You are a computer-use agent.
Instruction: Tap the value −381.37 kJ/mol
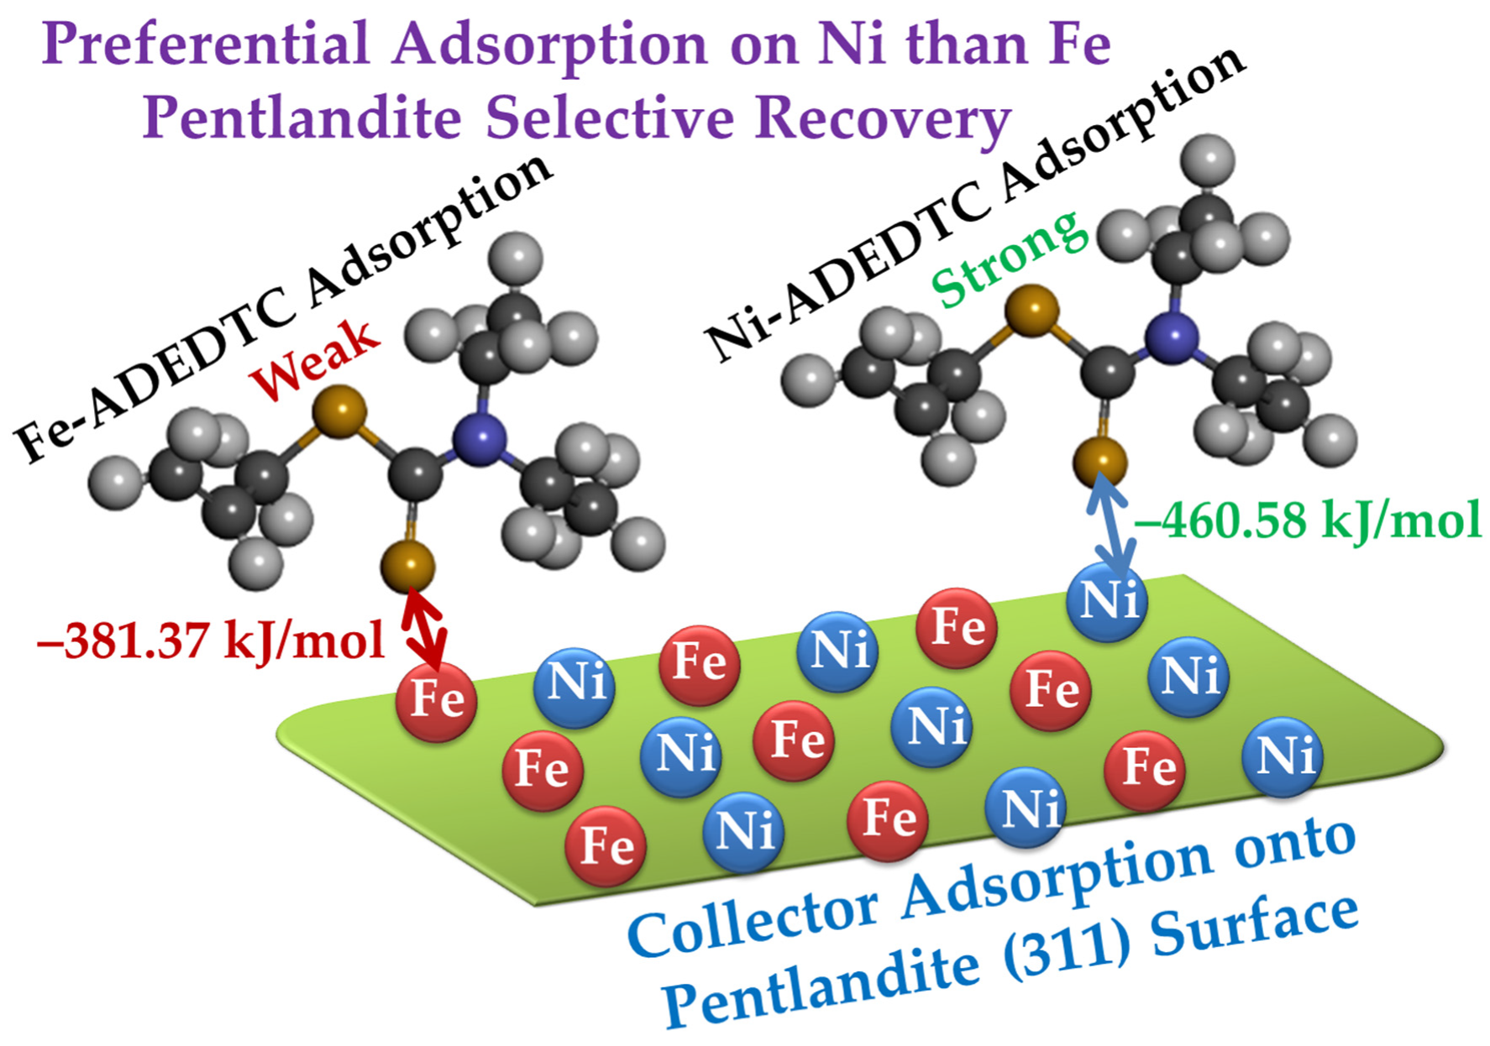[210, 641]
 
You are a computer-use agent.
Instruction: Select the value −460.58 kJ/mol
[1307, 520]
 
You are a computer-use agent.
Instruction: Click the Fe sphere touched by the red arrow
[437, 700]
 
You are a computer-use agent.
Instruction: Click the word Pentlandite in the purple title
[302, 117]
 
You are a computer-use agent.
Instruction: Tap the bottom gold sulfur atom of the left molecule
[408, 566]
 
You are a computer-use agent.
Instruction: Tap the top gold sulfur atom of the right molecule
[1032, 310]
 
